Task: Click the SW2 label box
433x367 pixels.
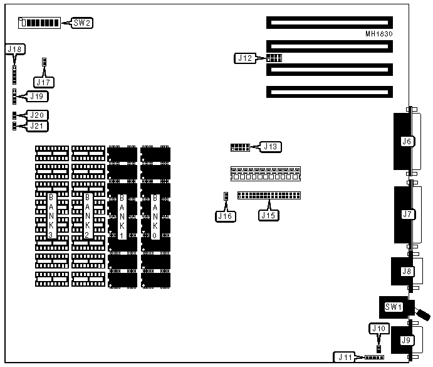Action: point(83,23)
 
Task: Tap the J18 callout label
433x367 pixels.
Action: point(14,49)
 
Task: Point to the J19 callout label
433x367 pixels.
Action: point(38,97)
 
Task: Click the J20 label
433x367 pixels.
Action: point(38,115)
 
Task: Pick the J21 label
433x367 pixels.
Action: point(38,126)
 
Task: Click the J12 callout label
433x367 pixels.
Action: point(245,58)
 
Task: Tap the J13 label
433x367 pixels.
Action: point(271,147)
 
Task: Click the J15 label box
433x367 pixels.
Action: point(268,216)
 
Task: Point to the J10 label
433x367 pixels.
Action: point(378,328)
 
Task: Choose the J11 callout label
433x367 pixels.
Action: point(345,358)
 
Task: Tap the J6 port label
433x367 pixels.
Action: point(406,142)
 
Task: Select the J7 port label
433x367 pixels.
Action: point(406,215)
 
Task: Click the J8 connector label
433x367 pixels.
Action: point(406,272)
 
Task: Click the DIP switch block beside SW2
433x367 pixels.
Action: point(40,24)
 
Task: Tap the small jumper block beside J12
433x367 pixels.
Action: point(274,58)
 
